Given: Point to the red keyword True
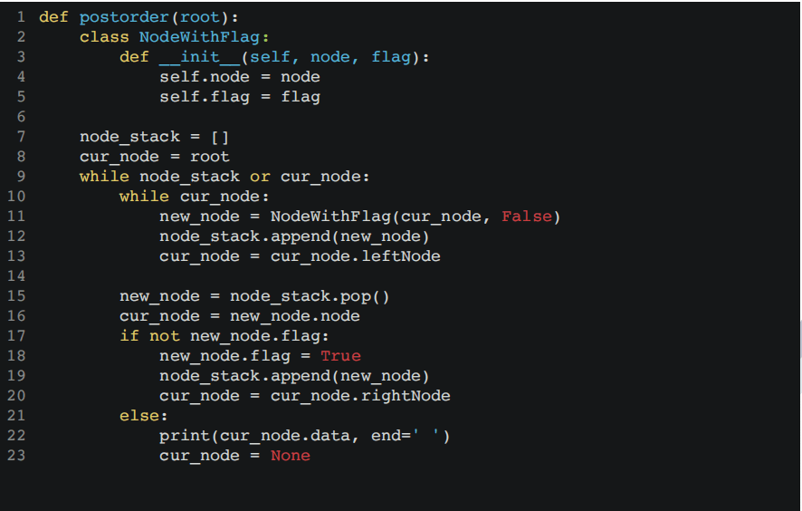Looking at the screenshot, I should tap(340, 356).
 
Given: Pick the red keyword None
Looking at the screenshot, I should tap(290, 456).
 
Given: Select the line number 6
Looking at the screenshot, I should tap(20, 117).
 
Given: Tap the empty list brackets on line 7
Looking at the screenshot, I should tap(220, 137).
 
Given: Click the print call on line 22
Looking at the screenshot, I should tap(184, 436).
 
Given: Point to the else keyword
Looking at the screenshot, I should tap(144, 416).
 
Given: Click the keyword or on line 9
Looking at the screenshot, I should tap(260, 177).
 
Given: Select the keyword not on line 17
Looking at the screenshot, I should tap(164, 336).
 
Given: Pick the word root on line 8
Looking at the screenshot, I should tap(209, 157).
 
